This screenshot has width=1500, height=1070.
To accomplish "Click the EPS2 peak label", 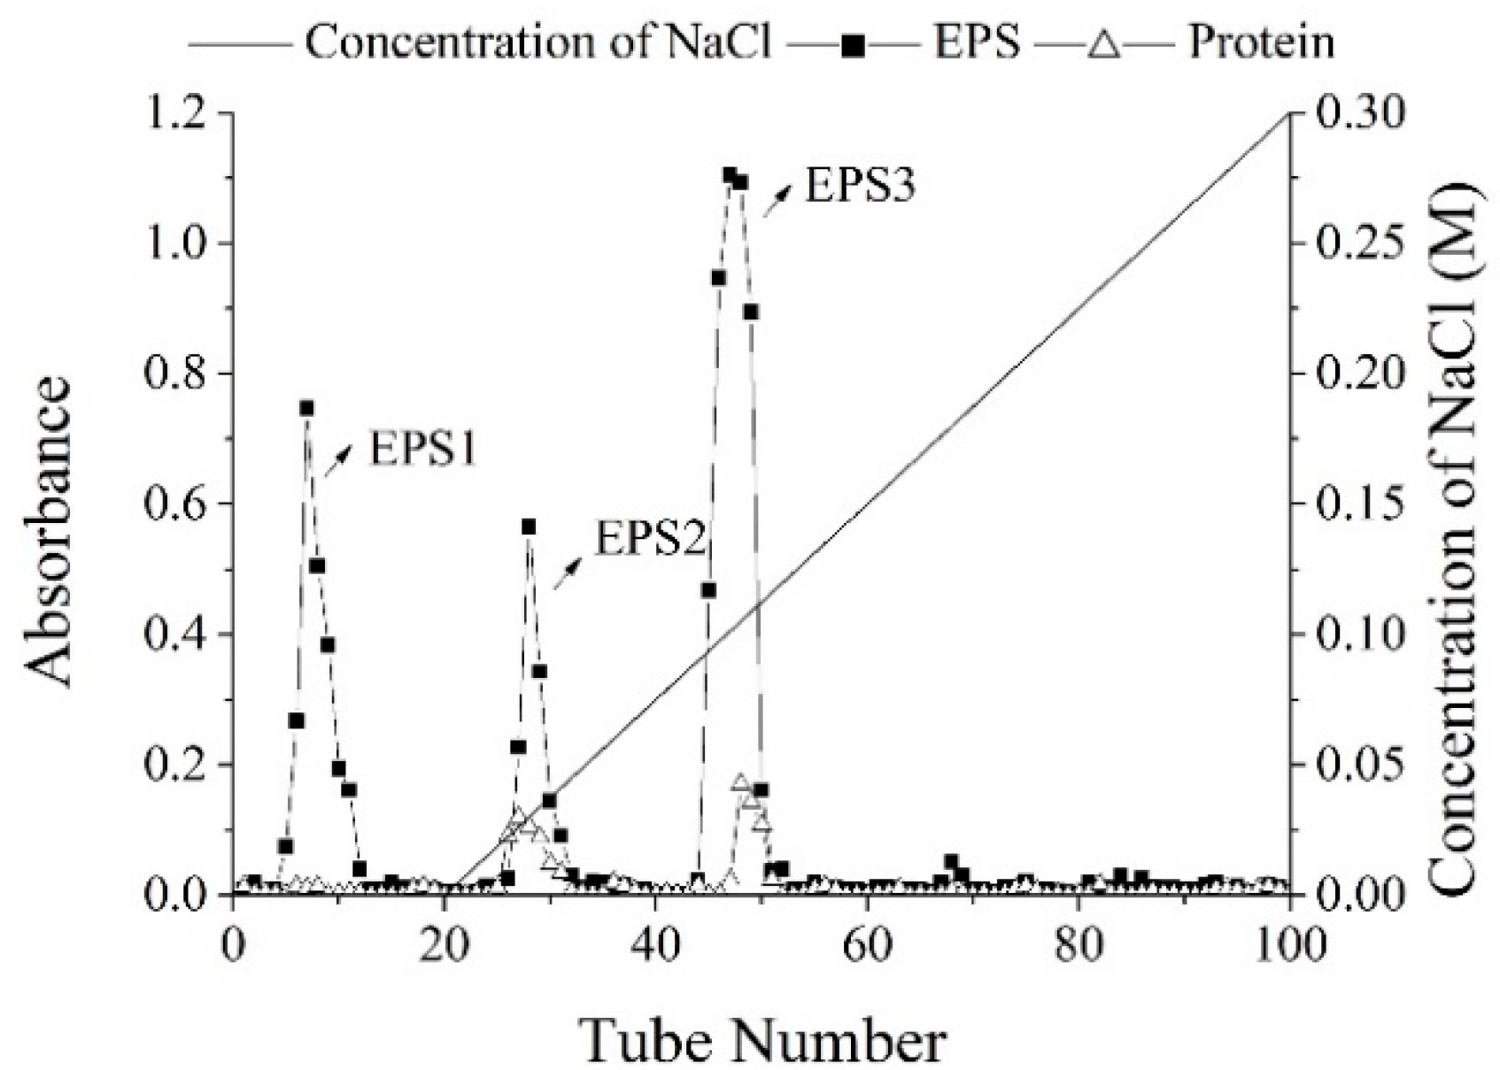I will [651, 538].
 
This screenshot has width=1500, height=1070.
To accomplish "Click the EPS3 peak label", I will [859, 187].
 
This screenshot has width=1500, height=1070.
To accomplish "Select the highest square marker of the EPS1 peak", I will [306, 408].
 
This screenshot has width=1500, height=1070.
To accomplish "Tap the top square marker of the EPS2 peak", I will [529, 527].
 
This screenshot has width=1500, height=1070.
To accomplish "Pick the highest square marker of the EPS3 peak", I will [730, 175].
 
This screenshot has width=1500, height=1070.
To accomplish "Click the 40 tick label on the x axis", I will [654, 944].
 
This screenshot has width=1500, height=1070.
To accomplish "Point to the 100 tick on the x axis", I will [1289, 944].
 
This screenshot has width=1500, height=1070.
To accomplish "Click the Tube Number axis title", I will [763, 1041].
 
